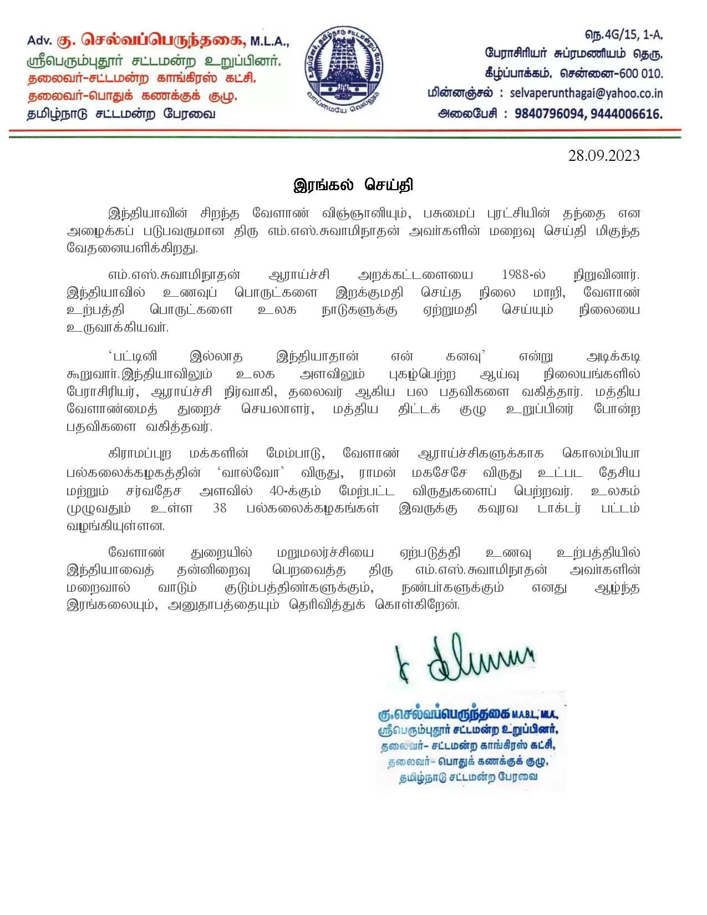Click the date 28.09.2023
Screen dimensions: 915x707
click(603, 156)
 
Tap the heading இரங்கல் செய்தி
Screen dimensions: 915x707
click(353, 185)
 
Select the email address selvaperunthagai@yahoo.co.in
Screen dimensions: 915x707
click(586, 93)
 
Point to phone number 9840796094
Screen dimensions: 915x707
click(549, 114)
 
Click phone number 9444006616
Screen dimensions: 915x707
click(626, 114)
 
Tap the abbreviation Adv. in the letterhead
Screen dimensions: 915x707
click(39, 40)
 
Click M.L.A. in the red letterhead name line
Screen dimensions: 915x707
click(269, 40)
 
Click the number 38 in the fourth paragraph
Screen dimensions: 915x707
click(220, 508)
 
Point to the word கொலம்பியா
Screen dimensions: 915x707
click(601, 453)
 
